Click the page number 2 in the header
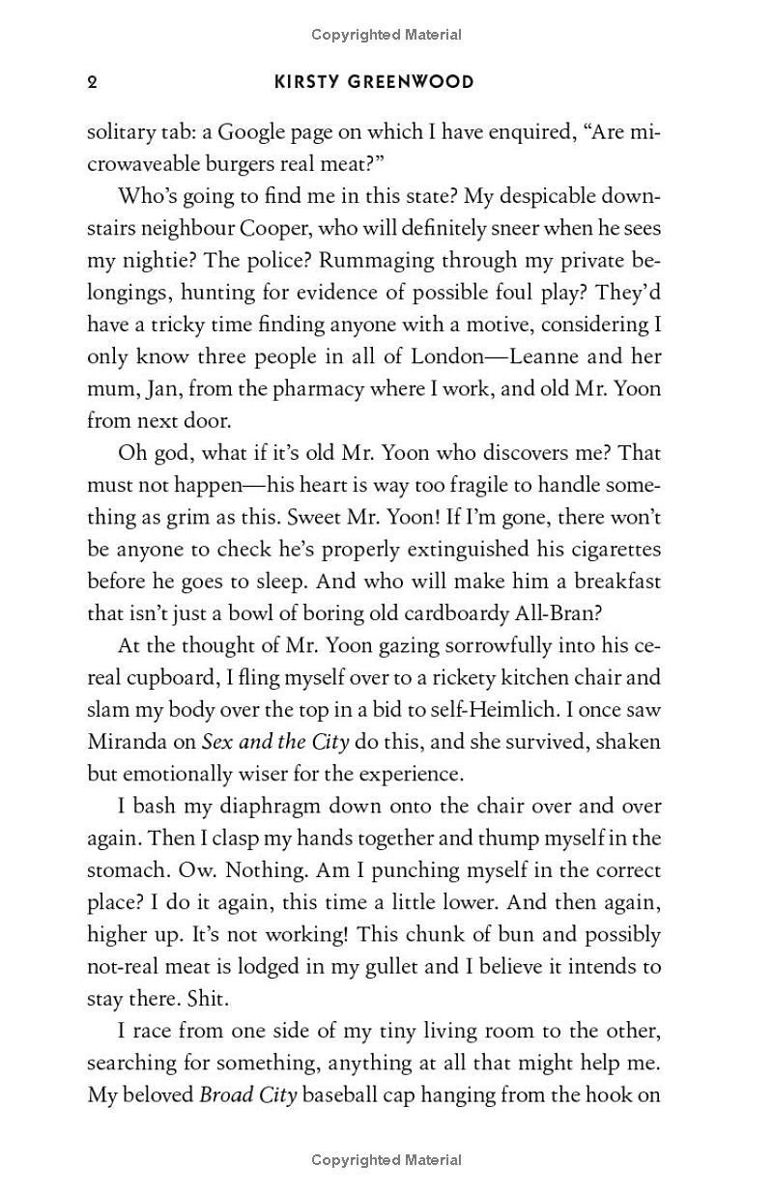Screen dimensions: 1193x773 92,82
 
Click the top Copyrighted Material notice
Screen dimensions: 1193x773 386,35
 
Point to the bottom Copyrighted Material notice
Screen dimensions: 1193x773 386,1160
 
